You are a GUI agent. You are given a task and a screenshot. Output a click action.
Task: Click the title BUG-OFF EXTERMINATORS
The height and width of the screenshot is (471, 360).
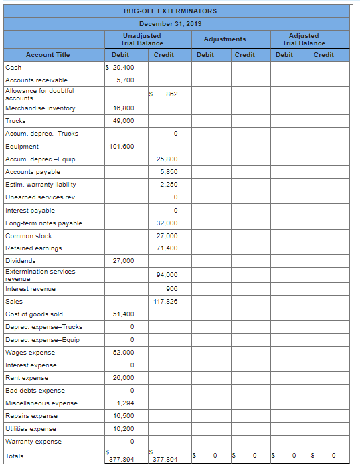click(170, 11)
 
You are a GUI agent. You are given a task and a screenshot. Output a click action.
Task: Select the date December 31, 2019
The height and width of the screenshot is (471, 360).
click(170, 23)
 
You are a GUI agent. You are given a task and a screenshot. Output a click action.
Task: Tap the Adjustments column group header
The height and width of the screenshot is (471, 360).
click(224, 39)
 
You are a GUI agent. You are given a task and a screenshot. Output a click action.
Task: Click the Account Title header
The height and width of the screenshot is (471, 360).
click(48, 55)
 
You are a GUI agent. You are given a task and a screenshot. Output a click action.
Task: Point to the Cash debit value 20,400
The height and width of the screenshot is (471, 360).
click(122, 68)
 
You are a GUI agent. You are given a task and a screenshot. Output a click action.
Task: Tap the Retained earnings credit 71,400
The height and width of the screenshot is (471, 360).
click(167, 248)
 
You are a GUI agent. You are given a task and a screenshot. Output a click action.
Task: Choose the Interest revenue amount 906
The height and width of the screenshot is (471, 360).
click(170, 289)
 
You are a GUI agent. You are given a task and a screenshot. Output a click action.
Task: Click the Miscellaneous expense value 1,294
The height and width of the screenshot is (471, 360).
click(125, 403)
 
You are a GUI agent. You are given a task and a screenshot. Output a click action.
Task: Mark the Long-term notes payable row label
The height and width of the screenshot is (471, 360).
click(43, 223)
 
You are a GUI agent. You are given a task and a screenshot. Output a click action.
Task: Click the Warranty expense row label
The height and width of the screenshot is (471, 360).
click(33, 442)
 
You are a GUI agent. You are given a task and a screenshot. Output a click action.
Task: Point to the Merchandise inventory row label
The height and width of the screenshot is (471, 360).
click(40, 108)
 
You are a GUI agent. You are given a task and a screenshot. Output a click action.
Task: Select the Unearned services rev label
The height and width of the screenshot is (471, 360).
click(39, 198)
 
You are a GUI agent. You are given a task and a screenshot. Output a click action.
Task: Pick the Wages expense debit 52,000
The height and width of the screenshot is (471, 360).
click(123, 353)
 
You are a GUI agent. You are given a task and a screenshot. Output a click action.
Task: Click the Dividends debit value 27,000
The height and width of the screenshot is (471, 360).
click(123, 261)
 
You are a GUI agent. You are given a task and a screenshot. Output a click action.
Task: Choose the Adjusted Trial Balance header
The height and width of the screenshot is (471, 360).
click(304, 39)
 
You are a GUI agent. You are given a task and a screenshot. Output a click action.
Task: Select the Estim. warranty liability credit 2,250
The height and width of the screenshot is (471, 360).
click(169, 185)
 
